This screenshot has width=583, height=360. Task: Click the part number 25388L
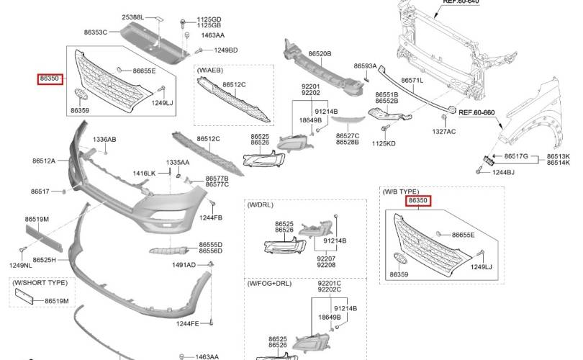click(x=132, y=17)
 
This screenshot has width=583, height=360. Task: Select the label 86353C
click(x=96, y=32)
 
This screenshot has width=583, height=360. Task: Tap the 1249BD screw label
click(x=226, y=50)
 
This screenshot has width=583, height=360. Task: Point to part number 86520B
click(x=320, y=53)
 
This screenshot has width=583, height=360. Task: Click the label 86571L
click(x=412, y=80)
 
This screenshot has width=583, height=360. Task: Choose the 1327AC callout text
click(x=443, y=131)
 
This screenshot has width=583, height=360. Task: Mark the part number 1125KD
click(x=384, y=143)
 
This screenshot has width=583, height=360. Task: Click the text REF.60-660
click(x=476, y=112)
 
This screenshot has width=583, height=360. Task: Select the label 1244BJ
click(x=503, y=172)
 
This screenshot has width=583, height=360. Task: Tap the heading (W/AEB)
click(x=210, y=71)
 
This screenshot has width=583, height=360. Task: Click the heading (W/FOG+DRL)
click(x=270, y=284)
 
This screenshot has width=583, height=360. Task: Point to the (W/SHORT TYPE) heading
click(x=40, y=283)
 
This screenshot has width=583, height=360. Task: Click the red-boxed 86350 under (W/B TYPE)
click(x=418, y=200)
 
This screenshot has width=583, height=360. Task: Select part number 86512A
click(x=44, y=161)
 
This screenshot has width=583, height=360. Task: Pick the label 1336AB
click(x=104, y=140)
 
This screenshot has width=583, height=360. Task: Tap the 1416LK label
click(x=144, y=174)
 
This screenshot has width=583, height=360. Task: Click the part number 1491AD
click(x=184, y=265)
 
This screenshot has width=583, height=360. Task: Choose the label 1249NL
click(x=20, y=265)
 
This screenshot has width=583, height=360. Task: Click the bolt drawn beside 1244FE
click(x=211, y=322)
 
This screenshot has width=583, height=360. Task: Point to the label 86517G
click(x=516, y=156)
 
